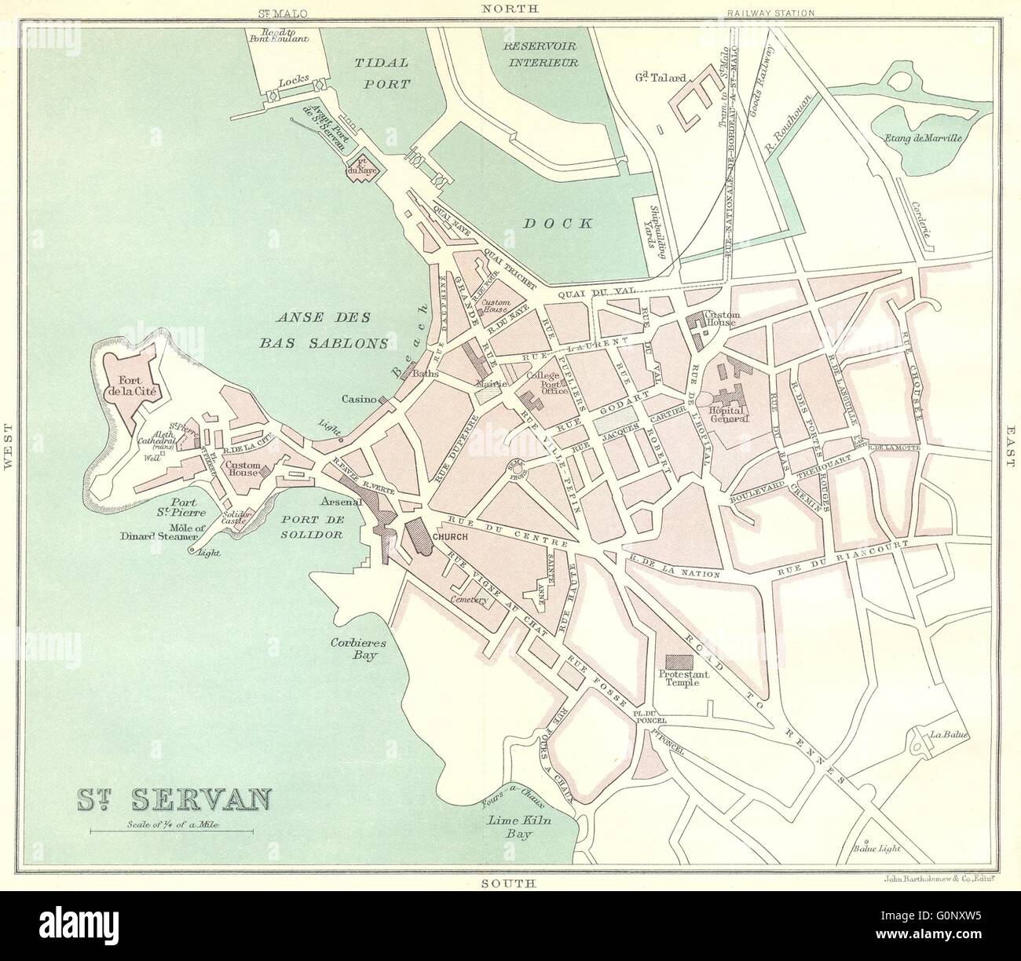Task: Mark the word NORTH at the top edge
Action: click(510, 9)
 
